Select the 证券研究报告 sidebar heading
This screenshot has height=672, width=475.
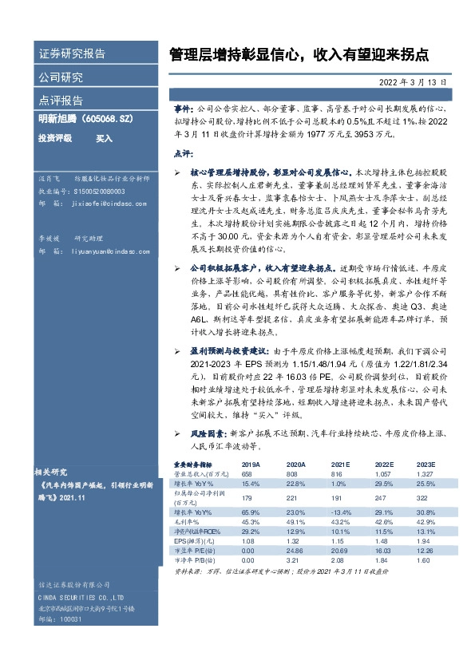(x=72, y=54)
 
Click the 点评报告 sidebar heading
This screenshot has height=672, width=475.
(x=61, y=101)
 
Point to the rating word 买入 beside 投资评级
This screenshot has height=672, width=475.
(x=105, y=138)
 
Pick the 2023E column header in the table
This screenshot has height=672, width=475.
(x=426, y=464)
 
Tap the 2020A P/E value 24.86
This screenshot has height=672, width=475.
(x=295, y=551)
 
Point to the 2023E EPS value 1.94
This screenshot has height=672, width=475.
(x=426, y=541)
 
